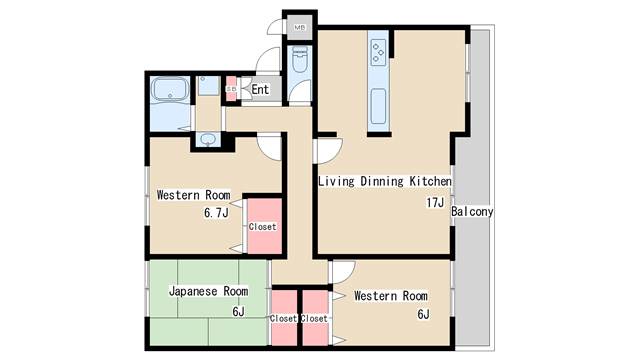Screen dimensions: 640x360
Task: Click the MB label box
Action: click(x=300, y=28)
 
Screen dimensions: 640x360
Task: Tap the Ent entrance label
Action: click(x=260, y=89)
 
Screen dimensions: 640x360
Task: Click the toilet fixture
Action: click(x=300, y=59)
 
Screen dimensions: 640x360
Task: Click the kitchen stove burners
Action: click(x=378, y=52)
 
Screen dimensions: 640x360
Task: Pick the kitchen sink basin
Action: click(x=378, y=107)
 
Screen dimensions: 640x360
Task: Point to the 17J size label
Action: click(x=435, y=202)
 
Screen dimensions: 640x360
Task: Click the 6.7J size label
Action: click(x=216, y=213)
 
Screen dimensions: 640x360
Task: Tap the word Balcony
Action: click(x=472, y=211)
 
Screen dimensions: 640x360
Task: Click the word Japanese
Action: click(x=193, y=291)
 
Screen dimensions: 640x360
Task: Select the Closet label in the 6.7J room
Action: click(x=262, y=227)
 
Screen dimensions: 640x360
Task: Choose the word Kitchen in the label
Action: click(x=431, y=181)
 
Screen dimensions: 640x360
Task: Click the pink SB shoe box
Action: click(x=231, y=89)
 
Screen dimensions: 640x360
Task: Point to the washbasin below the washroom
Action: click(x=208, y=140)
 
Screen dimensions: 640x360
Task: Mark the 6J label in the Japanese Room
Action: click(x=238, y=312)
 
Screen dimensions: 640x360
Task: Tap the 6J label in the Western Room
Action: click(x=423, y=314)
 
